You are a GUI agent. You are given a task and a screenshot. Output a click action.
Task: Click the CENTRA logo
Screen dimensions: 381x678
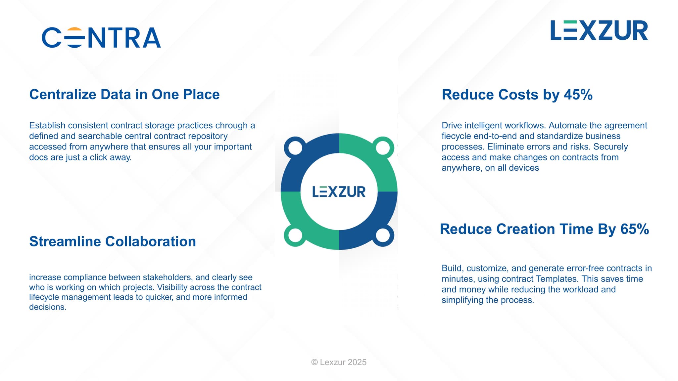(x=101, y=37)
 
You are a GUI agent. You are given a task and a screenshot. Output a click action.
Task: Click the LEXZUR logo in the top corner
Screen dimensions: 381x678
(x=599, y=30)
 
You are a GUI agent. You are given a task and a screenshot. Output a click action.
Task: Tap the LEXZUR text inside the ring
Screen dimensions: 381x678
(x=339, y=192)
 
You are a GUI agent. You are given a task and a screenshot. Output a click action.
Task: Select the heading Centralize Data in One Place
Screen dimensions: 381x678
(x=124, y=94)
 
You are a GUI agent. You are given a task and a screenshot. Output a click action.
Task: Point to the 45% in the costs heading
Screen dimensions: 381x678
(x=578, y=95)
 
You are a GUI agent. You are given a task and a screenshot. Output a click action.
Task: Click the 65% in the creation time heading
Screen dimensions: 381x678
(x=634, y=229)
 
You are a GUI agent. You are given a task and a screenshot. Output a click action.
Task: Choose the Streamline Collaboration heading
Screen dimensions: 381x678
(x=113, y=241)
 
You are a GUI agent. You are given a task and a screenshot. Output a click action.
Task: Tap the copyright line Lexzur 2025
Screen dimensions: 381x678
(x=339, y=362)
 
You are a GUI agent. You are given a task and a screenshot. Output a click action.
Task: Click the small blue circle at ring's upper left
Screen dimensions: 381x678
(x=295, y=148)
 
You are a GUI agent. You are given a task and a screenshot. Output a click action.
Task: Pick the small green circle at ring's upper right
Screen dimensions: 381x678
(x=383, y=148)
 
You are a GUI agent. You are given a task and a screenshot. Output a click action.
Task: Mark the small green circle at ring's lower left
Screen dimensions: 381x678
(x=295, y=235)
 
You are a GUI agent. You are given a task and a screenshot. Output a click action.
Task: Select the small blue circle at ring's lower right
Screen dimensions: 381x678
(x=383, y=235)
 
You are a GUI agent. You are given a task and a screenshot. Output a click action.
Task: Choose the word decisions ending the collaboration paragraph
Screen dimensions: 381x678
(x=47, y=307)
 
